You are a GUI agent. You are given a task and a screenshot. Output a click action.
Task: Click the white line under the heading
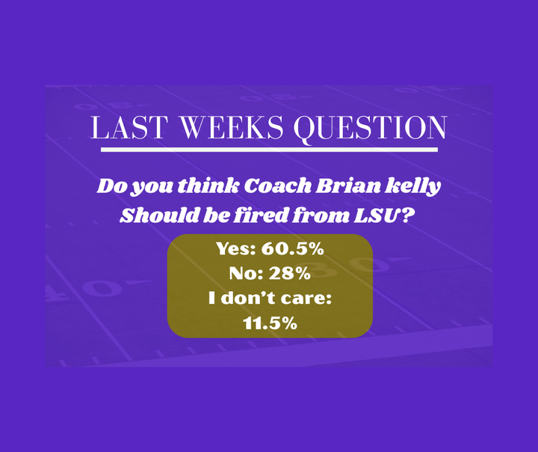point(269,150)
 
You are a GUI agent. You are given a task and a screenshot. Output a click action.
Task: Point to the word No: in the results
point(247,274)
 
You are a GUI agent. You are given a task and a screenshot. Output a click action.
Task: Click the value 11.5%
point(270,324)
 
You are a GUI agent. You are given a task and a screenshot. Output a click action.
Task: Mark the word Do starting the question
point(110,186)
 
